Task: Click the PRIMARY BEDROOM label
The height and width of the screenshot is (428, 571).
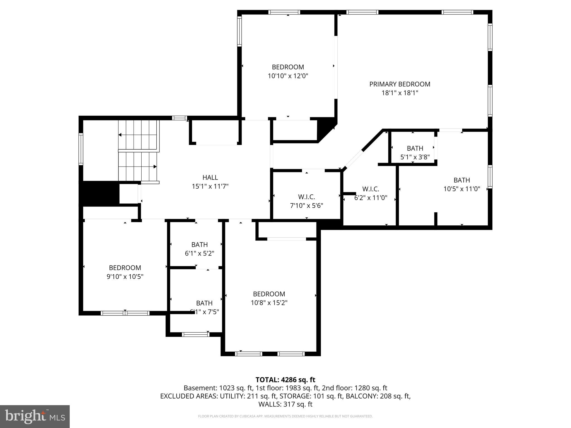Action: [400, 84]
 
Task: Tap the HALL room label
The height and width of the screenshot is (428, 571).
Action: [210, 177]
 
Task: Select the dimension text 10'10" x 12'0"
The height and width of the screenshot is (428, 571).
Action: [288, 76]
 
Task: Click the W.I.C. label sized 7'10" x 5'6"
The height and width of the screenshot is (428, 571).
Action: [306, 197]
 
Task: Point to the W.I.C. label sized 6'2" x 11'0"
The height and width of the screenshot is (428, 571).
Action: [371, 189]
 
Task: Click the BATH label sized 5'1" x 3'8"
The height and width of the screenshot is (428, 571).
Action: [415, 148]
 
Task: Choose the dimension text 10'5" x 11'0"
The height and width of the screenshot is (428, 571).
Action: [462, 189]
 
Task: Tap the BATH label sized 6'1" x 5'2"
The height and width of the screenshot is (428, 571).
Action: [199, 245]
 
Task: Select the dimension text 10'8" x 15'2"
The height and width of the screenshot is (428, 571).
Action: [269, 303]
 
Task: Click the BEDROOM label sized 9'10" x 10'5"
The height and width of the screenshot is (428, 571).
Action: [125, 268]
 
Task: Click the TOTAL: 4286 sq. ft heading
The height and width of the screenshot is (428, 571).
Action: [285, 380]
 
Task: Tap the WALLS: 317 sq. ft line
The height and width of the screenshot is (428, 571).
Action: [285, 404]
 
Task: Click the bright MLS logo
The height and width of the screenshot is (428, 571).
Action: [35, 417]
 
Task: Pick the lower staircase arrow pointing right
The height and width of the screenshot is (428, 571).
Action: [155, 167]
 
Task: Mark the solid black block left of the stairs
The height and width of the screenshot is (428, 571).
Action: [99, 193]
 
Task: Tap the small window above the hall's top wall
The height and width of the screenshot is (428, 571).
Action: [179, 118]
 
